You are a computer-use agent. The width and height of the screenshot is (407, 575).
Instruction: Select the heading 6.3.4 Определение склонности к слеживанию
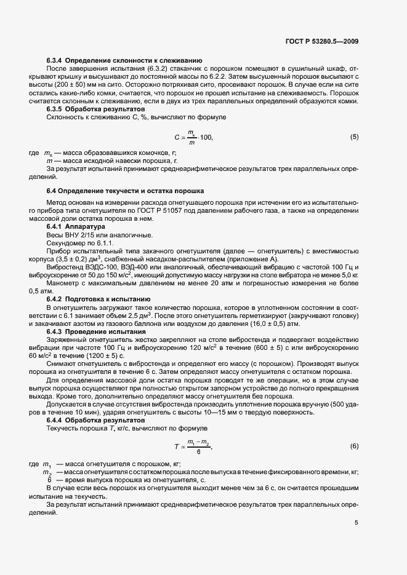[x=125, y=61]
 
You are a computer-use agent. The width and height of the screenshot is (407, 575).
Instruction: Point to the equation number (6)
[x=354, y=445]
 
